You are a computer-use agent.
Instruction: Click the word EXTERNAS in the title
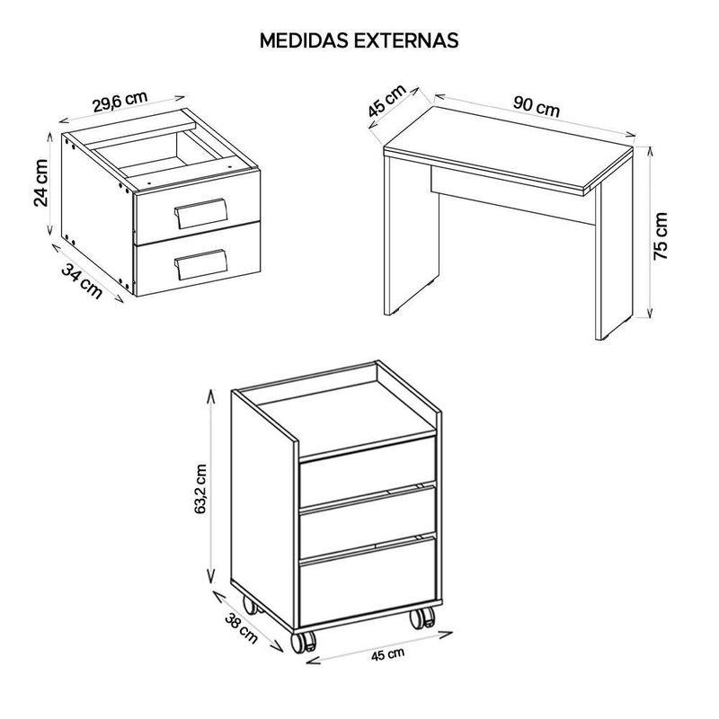coord(406,40)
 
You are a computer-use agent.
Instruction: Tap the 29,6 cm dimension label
coord(120,102)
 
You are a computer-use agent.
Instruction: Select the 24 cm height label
coord(41,183)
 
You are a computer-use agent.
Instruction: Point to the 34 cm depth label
coord(82,280)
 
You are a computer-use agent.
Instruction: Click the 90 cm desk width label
coord(537,107)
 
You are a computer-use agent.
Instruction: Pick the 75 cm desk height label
coord(661,236)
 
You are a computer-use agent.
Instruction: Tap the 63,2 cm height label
coord(201,489)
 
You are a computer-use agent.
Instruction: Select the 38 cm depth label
coord(242,627)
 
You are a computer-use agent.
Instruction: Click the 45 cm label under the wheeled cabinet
coord(388,654)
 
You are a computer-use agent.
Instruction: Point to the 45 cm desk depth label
coord(387,101)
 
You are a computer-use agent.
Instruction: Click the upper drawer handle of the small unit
coord(200,213)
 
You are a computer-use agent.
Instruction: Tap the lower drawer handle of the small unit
coord(200,264)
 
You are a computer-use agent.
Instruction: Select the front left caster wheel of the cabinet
coord(304,641)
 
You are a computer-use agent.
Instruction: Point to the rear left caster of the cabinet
coord(251,605)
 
